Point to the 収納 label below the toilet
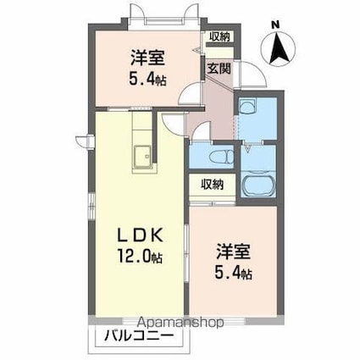(x=212, y=184)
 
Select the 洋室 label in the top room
(x=147, y=58)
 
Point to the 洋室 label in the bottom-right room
(x=233, y=252)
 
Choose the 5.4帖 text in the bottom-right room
(x=234, y=273)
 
